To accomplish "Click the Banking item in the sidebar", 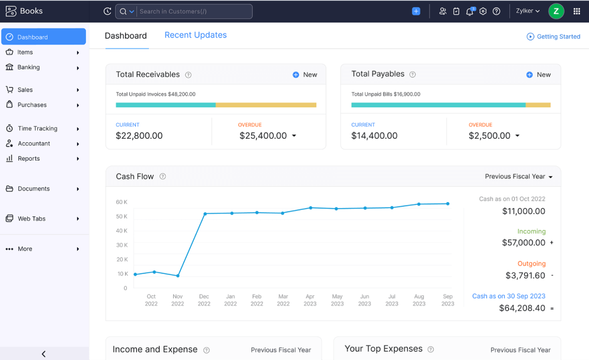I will tap(28, 68).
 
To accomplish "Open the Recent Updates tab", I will tap(195, 35).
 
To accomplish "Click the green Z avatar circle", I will tap(556, 11).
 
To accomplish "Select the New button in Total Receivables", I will tap(305, 75).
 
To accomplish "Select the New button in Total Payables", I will tap(539, 75).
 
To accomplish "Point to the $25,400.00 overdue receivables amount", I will tap(263, 136).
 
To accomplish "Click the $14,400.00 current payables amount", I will tap(375, 136).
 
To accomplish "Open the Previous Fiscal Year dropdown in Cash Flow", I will tap(518, 177).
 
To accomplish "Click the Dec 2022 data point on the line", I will tap(205, 214).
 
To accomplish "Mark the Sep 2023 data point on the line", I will tap(448, 203).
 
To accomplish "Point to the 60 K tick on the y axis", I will tap(122, 202).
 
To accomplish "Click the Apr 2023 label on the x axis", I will tap(310, 300).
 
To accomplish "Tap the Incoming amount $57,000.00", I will tap(523, 243).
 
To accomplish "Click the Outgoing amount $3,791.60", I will tap(525, 275).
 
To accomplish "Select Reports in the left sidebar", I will tap(28, 159).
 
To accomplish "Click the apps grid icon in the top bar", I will tap(577, 11).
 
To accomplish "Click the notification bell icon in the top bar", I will tap(469, 11).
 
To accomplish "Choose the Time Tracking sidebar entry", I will tap(37, 129).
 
